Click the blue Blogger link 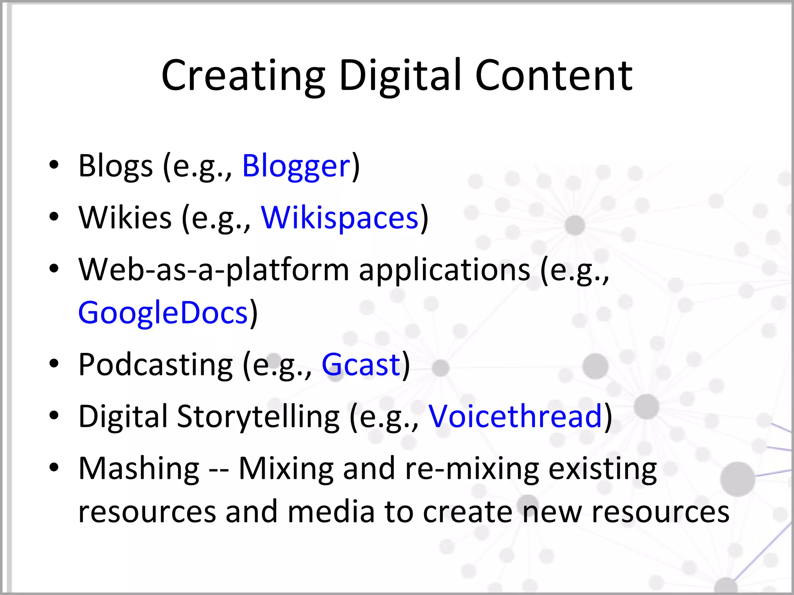coord(296,166)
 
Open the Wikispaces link coord(340,218)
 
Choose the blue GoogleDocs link coord(163,313)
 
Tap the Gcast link coord(361,365)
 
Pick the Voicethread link coord(515,416)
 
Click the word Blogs coord(116,166)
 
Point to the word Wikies coord(125,218)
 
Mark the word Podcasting coord(155,365)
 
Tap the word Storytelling coord(258,416)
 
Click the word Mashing coord(139,469)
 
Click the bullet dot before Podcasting coord(54,364)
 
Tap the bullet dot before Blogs coord(54,165)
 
